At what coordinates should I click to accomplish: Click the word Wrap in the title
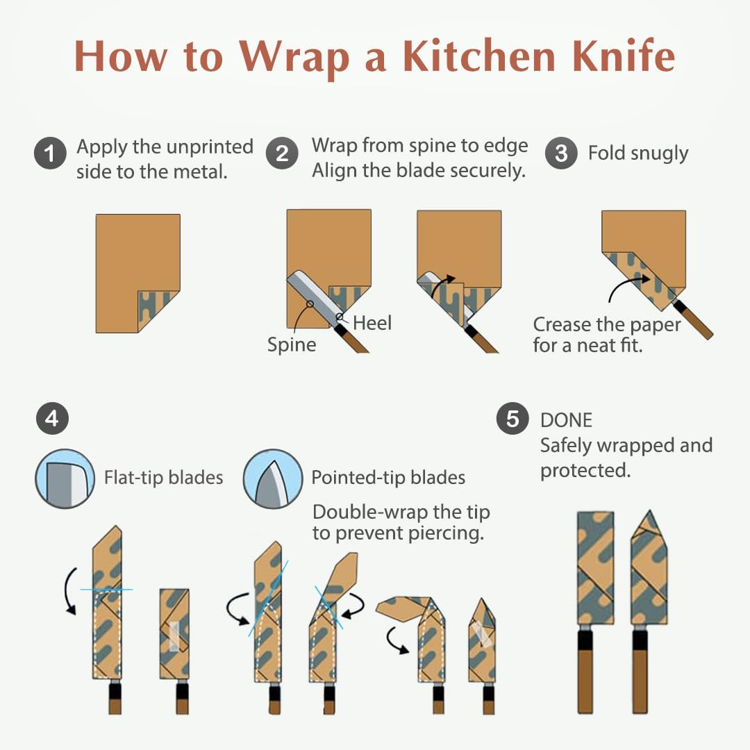click(294, 57)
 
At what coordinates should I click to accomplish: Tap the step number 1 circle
click(50, 153)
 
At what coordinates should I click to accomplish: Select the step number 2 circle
click(282, 153)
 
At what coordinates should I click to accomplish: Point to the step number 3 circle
click(561, 153)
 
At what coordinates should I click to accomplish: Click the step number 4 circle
click(52, 419)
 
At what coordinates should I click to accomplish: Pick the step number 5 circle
click(512, 419)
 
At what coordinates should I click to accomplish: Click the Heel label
click(372, 323)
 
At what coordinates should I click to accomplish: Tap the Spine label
click(292, 345)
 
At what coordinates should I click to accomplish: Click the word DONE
click(567, 420)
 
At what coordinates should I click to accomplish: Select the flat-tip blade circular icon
click(65, 478)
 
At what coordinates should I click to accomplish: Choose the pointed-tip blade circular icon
click(273, 478)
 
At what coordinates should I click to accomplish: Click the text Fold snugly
click(638, 153)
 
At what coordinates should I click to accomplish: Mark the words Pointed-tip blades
click(388, 478)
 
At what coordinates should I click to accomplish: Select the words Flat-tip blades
click(164, 478)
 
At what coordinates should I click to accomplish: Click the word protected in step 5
click(585, 471)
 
